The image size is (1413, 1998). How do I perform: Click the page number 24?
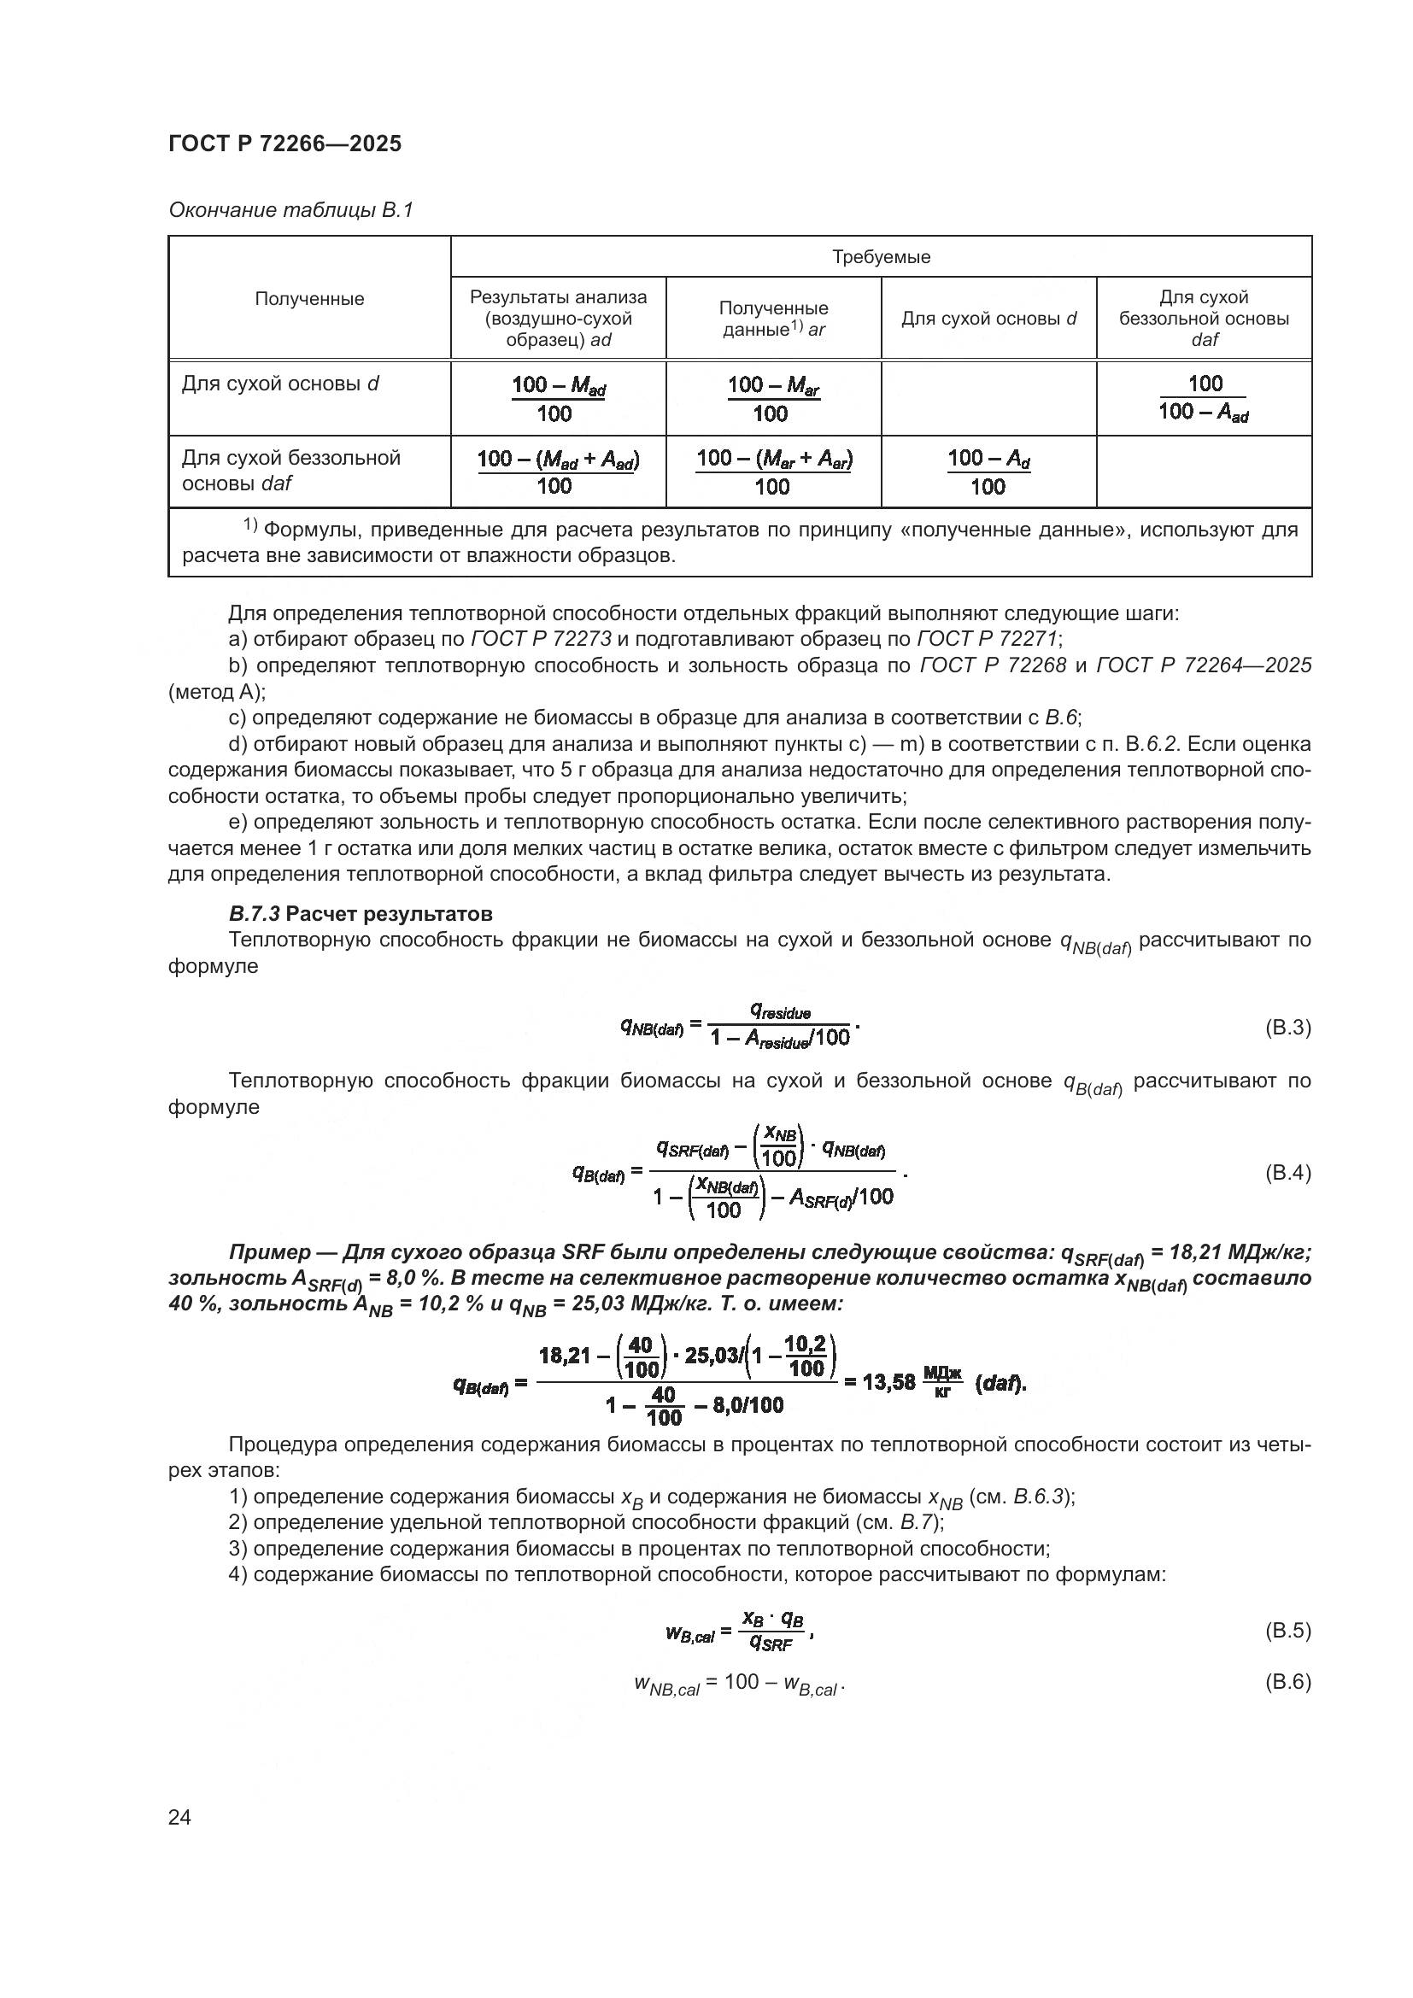point(179,1817)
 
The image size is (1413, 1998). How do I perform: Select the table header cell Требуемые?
point(881,257)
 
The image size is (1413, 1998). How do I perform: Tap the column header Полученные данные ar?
point(772,319)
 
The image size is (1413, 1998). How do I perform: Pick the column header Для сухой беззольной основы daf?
point(1204,319)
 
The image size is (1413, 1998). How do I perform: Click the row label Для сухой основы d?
point(280,384)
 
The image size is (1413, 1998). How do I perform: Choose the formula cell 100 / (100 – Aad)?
point(1204,398)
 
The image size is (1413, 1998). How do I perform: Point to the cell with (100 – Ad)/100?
point(988,472)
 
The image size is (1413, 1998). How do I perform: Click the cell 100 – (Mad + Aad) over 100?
point(558,472)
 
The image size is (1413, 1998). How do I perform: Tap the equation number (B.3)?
point(1286,1028)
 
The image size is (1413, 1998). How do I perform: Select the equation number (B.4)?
point(1286,1173)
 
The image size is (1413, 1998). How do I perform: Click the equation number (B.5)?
point(1286,1631)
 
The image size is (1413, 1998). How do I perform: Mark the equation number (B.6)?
point(1286,1682)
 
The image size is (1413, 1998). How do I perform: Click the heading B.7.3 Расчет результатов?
point(361,915)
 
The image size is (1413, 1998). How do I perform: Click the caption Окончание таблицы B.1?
point(290,211)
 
